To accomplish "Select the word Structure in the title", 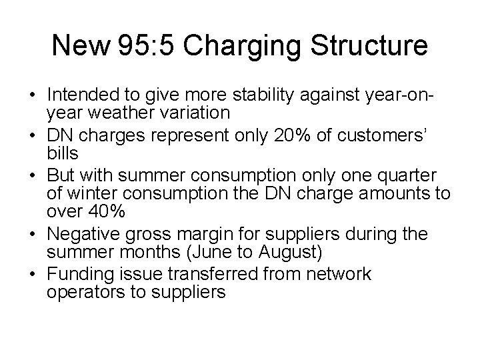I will point(366,46).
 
